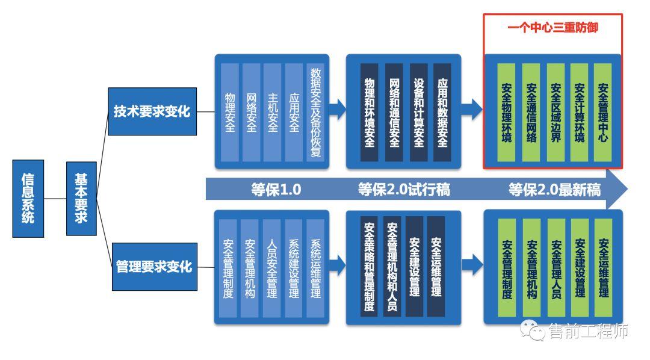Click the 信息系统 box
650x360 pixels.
[x=28, y=198]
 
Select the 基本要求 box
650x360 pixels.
[x=81, y=198]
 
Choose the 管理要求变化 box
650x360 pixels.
[x=153, y=266]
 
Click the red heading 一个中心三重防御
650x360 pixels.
[x=552, y=28]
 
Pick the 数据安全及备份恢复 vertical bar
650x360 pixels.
[x=315, y=112]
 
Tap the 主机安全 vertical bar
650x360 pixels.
[x=272, y=112]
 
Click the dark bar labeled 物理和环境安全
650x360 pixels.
[x=370, y=112]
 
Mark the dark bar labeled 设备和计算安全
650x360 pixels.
[x=418, y=112]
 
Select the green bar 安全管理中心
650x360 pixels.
[x=602, y=112]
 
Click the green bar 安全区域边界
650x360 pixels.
[x=555, y=112]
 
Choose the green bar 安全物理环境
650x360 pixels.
[x=507, y=112]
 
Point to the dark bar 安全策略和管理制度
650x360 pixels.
[x=370, y=267]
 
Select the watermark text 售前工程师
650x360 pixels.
[x=589, y=331]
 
